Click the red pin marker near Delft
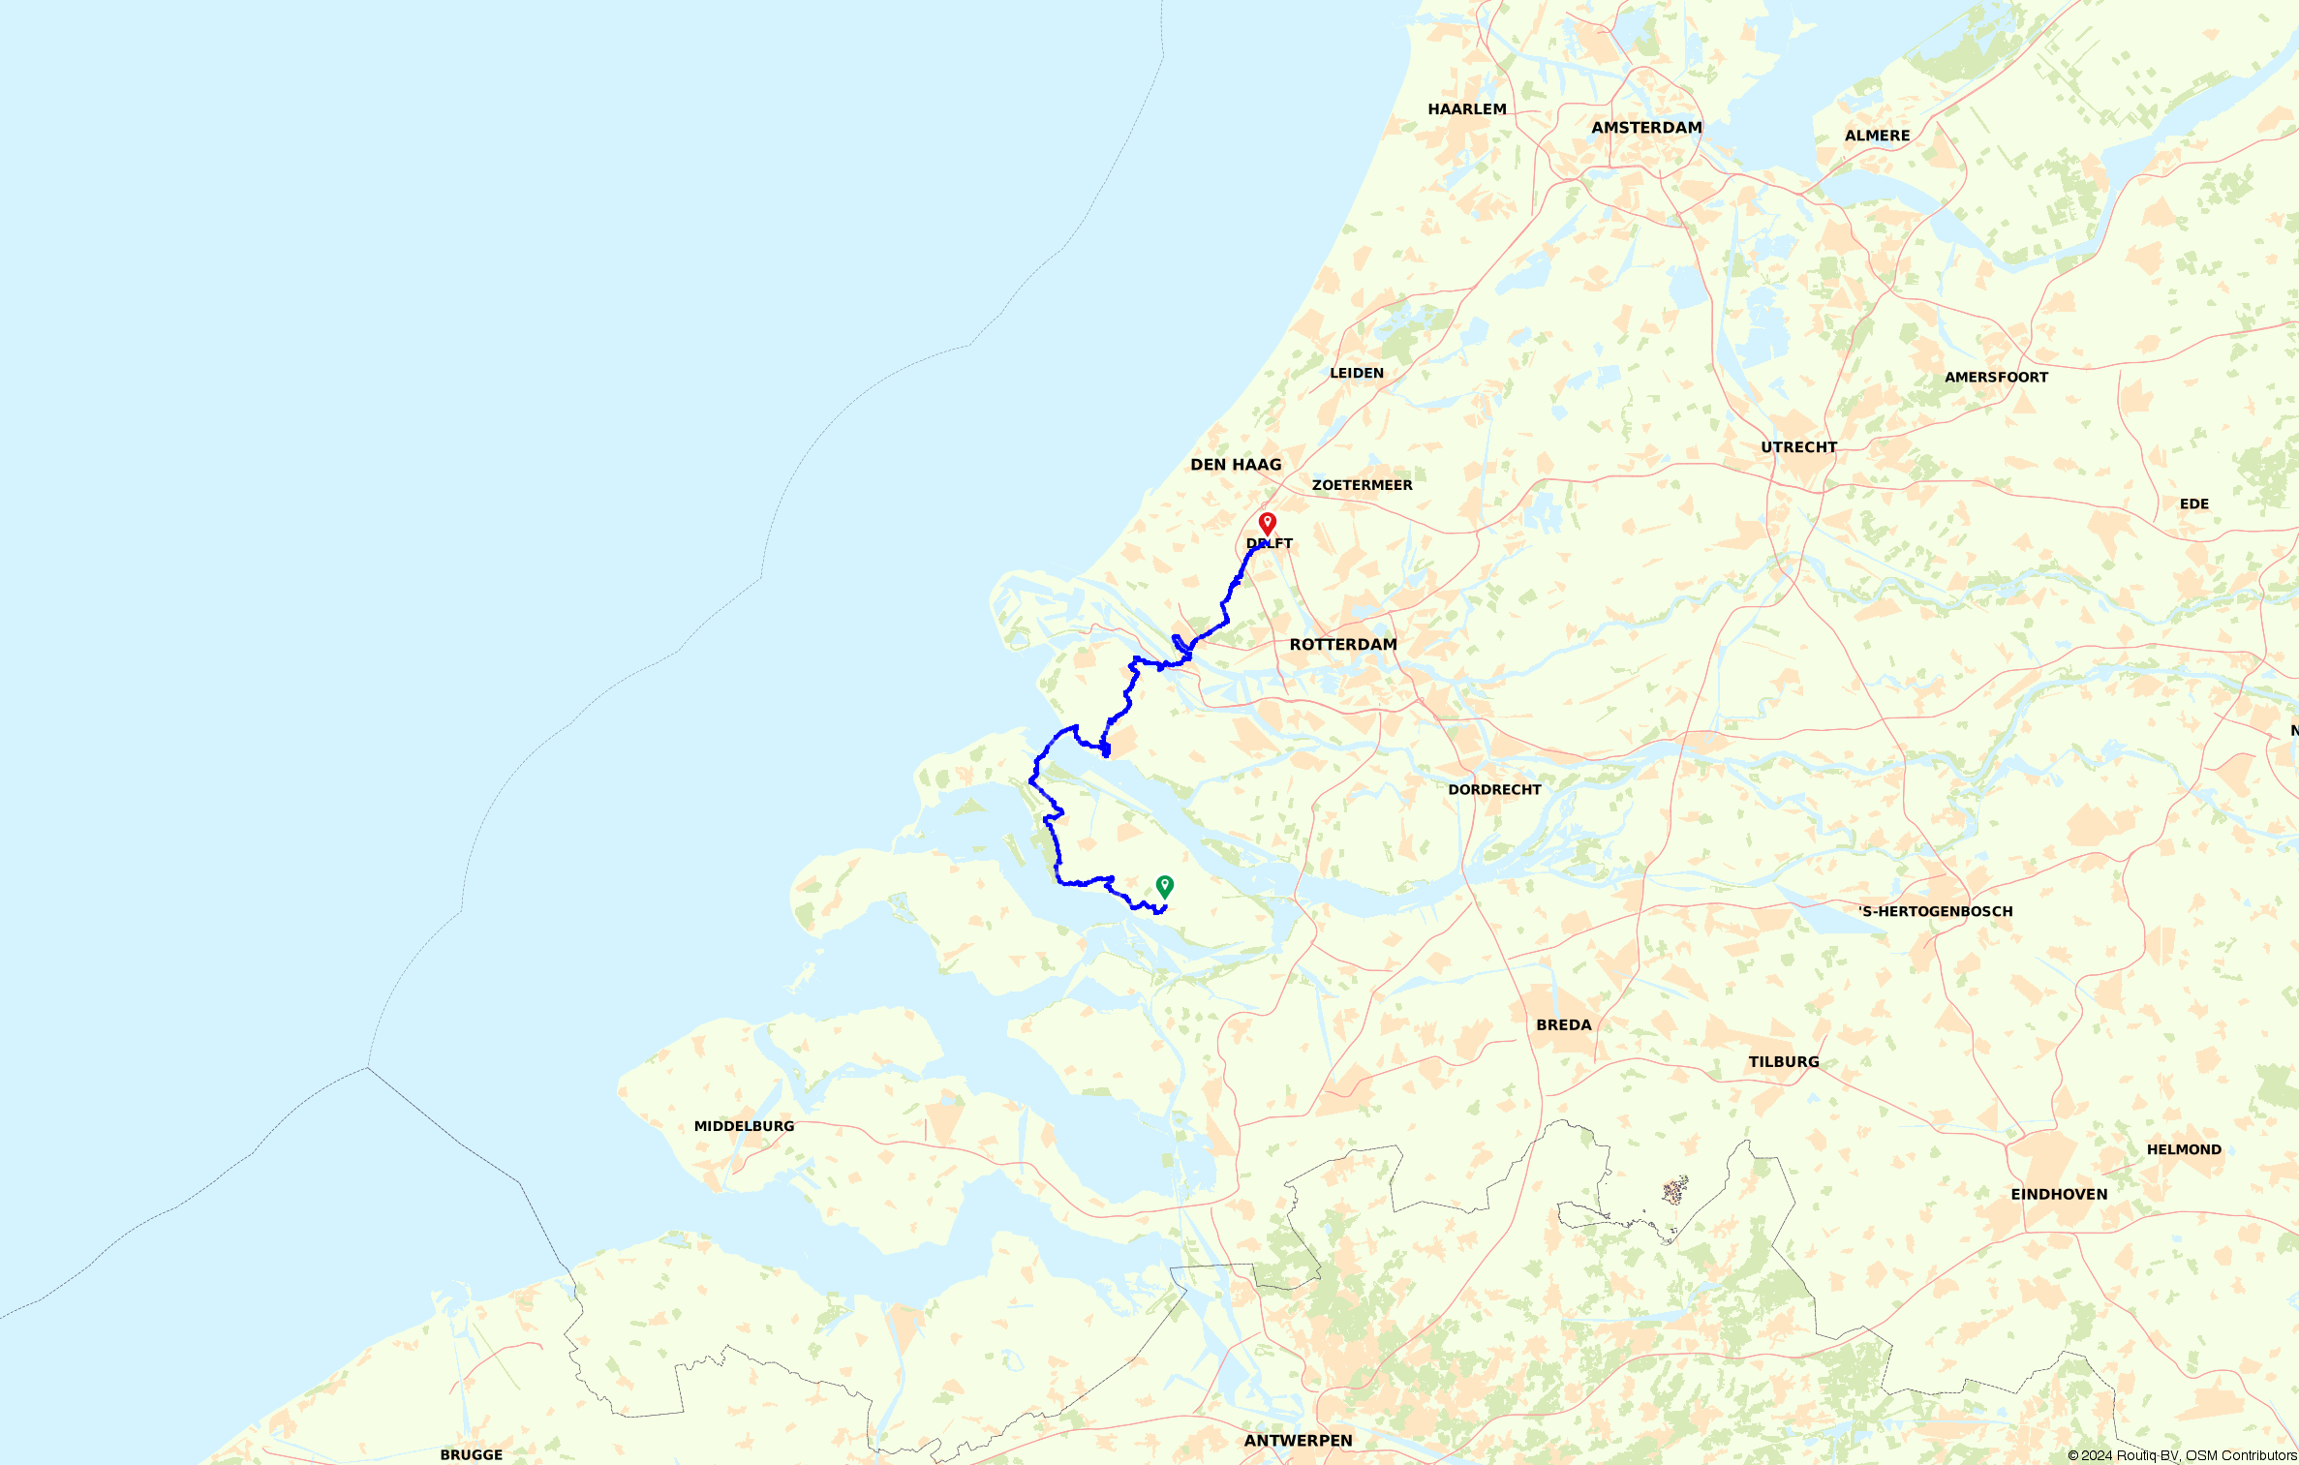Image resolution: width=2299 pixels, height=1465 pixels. pyautogui.click(x=1267, y=524)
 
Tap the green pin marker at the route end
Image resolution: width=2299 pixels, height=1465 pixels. pyautogui.click(x=1164, y=886)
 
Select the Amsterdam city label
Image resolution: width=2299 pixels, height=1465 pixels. pyautogui.click(x=1646, y=128)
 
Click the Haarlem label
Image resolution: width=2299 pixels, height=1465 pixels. pyautogui.click(x=1467, y=109)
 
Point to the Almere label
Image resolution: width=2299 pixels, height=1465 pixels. pyautogui.click(x=1877, y=136)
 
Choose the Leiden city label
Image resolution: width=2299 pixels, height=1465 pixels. pyautogui.click(x=1357, y=373)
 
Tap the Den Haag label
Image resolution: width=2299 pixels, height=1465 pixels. pyautogui.click(x=1236, y=465)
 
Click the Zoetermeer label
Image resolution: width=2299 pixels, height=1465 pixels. pyautogui.click(x=1362, y=485)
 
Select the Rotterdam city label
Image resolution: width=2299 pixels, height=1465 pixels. pyautogui.click(x=1343, y=645)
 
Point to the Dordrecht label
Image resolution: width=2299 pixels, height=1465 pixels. pyautogui.click(x=1494, y=790)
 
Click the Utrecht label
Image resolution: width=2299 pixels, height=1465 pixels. pyautogui.click(x=1798, y=447)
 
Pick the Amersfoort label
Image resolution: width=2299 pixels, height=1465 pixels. pyautogui.click(x=1996, y=378)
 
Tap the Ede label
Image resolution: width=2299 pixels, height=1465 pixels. pyautogui.click(x=2193, y=504)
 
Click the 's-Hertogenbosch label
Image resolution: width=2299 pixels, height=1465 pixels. pyautogui.click(x=1935, y=911)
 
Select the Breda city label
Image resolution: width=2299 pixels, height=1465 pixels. pyautogui.click(x=1563, y=1025)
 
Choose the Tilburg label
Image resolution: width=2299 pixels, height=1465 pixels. pyautogui.click(x=1783, y=1062)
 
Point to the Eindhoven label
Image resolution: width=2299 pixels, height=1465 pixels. pyautogui.click(x=2059, y=1195)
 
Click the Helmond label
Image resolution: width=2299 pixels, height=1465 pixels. pyautogui.click(x=2184, y=1150)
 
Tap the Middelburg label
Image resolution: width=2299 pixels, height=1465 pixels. pyautogui.click(x=744, y=1126)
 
